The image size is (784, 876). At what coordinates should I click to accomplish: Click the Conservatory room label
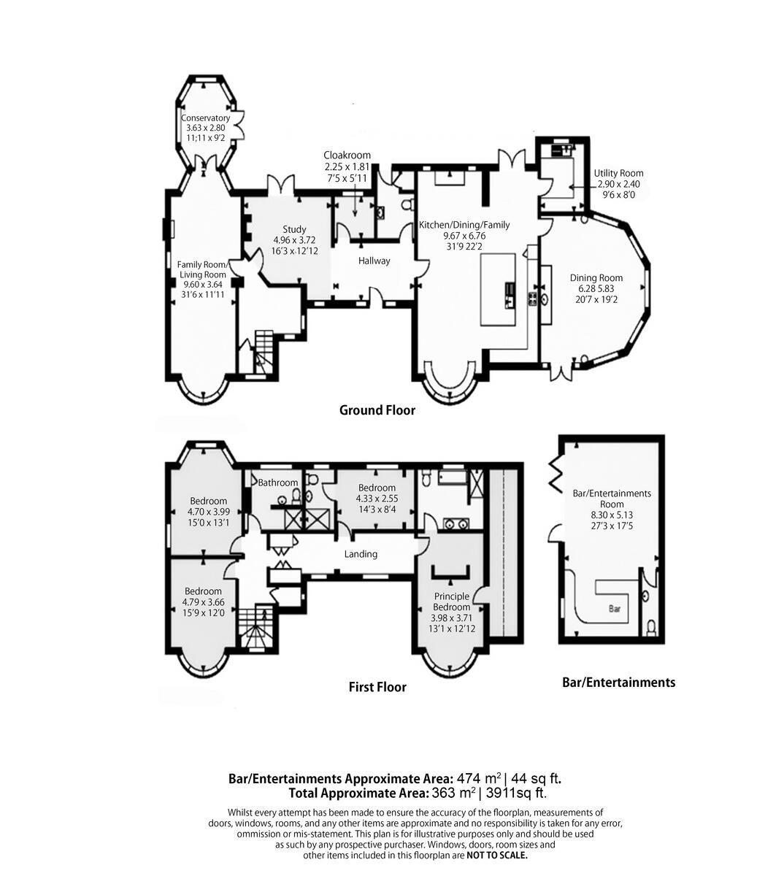pos(205,118)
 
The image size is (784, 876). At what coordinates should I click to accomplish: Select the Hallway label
pos(374,261)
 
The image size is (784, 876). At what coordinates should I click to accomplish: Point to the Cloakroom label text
pos(347,155)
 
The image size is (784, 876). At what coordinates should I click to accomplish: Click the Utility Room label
pos(618,174)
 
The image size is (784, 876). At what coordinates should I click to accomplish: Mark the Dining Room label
pos(596,277)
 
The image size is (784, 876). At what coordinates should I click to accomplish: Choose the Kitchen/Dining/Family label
pos(464,225)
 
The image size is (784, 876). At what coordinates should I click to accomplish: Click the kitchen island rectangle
pos(499,288)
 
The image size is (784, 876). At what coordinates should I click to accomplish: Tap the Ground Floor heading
pos(377,410)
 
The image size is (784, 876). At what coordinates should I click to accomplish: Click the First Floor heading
pos(377,687)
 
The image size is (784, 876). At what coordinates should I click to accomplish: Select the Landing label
pos(361,554)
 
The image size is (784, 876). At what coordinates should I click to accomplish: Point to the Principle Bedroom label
pos(451,602)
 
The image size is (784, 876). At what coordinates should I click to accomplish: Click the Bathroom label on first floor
pos(278,483)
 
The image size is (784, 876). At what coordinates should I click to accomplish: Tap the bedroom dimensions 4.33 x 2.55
pos(377,499)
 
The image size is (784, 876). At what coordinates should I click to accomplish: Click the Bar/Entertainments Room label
pos(612,499)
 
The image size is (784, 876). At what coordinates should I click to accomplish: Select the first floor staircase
pos(256,628)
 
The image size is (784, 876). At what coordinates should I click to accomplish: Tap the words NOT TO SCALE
pos(496,855)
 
